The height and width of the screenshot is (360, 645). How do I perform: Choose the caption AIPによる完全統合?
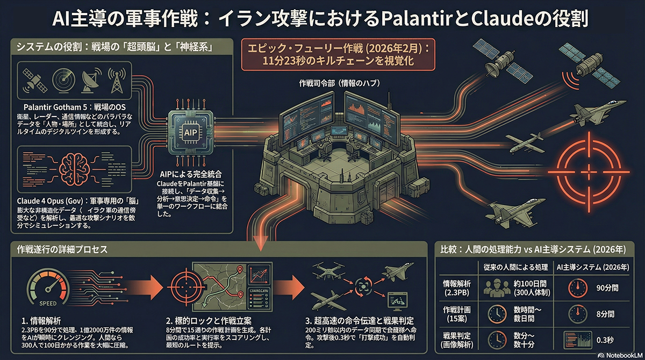click(x=191, y=175)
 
